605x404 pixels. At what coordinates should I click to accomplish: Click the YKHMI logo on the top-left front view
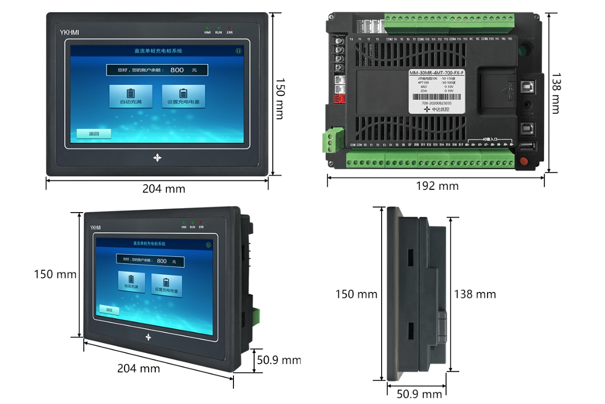pos(69,33)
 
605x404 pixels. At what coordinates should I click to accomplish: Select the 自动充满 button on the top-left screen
pos(131,96)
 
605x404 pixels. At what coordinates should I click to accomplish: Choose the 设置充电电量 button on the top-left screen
pos(183,96)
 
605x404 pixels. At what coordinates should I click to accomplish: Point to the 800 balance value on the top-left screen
pos(177,70)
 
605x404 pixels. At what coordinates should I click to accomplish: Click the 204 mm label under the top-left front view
pos(164,189)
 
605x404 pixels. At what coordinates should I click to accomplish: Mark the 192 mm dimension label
pos(437,186)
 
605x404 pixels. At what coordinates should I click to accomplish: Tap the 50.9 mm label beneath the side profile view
pos(419,394)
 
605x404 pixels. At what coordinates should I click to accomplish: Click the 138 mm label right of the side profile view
pos(475,294)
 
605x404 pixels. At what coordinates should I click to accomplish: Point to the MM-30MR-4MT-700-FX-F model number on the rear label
pos(437,73)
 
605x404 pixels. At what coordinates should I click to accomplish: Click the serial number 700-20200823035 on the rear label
pos(437,103)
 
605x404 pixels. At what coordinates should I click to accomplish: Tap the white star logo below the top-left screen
pos(157,158)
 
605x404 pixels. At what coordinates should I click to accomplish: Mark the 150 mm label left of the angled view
pos(55,274)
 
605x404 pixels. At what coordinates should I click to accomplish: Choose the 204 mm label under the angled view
pos(139,369)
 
